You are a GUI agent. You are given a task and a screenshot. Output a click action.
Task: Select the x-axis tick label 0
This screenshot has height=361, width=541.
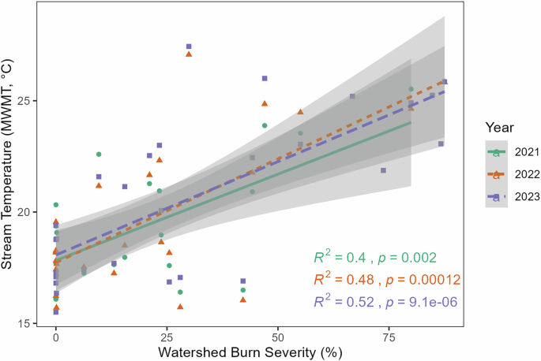coord(55,337)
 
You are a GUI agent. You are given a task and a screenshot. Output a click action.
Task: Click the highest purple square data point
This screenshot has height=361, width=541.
coord(189,47)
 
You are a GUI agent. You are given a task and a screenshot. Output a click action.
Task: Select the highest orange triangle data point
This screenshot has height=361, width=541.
coord(189,54)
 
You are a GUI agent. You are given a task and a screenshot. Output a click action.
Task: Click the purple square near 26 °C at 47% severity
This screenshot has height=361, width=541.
coord(265,78)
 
